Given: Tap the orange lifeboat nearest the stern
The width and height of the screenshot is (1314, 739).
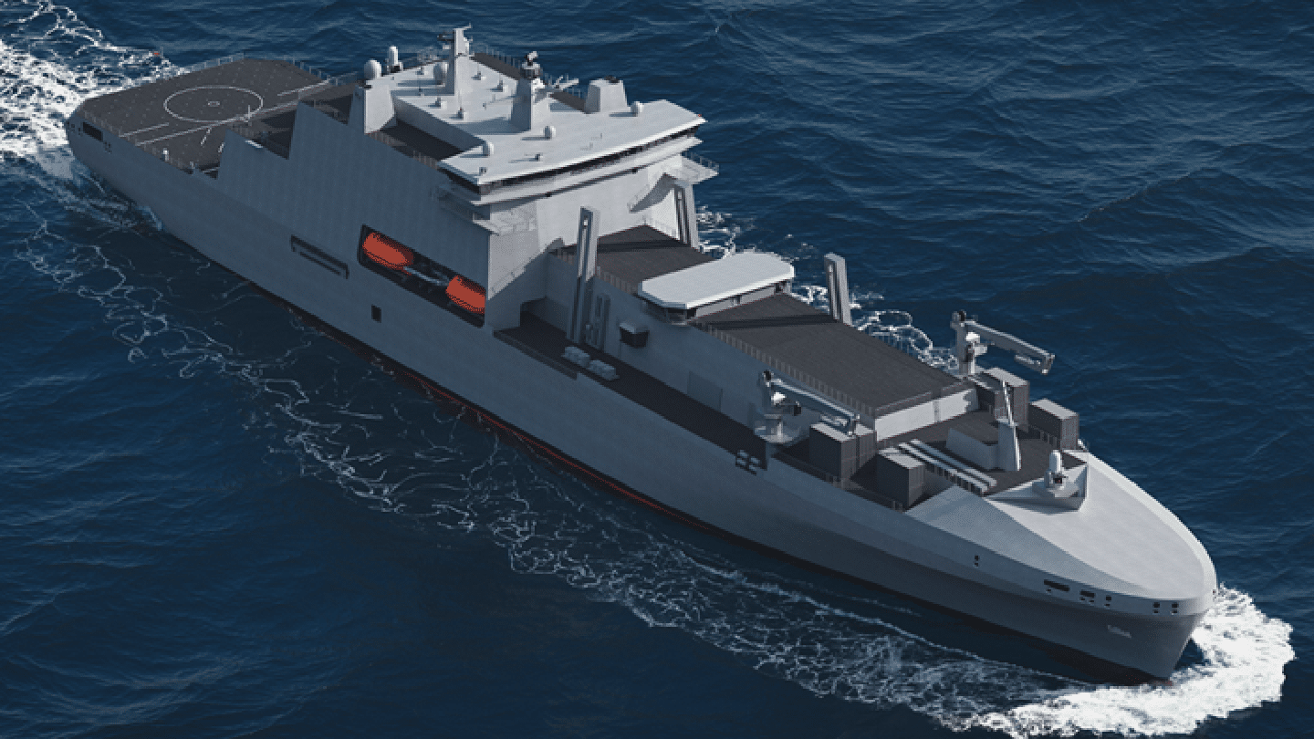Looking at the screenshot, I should [x=386, y=251].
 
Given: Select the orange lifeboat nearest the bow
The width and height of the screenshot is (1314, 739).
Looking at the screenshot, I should [x=465, y=294].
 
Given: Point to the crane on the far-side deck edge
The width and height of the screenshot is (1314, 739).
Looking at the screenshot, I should [x=999, y=341].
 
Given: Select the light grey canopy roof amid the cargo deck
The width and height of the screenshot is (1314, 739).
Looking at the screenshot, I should [x=715, y=278].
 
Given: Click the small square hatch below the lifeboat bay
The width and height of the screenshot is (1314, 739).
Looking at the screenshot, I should [x=376, y=313].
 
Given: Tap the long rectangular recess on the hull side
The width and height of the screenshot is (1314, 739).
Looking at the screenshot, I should [x=318, y=255].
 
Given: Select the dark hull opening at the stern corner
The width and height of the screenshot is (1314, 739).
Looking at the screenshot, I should [x=92, y=131].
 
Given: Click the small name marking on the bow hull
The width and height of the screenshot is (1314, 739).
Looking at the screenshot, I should [x=1116, y=630].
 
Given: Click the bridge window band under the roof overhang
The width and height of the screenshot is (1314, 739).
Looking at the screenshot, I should [x=584, y=165].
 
